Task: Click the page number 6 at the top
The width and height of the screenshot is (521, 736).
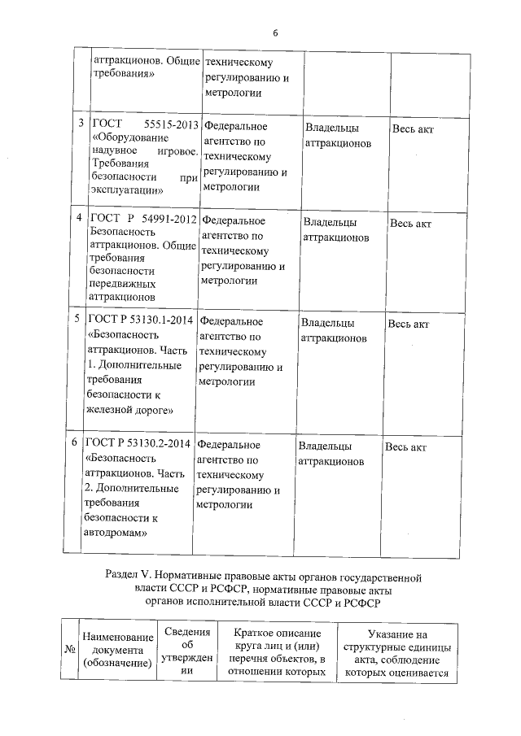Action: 275,33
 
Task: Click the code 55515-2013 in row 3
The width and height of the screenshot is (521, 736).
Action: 171,125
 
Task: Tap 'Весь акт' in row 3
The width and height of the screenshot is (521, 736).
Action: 414,128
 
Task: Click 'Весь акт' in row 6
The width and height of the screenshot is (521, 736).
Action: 405,447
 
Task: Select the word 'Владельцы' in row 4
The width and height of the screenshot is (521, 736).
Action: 330,222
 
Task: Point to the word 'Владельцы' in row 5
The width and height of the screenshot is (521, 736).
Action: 327,323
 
